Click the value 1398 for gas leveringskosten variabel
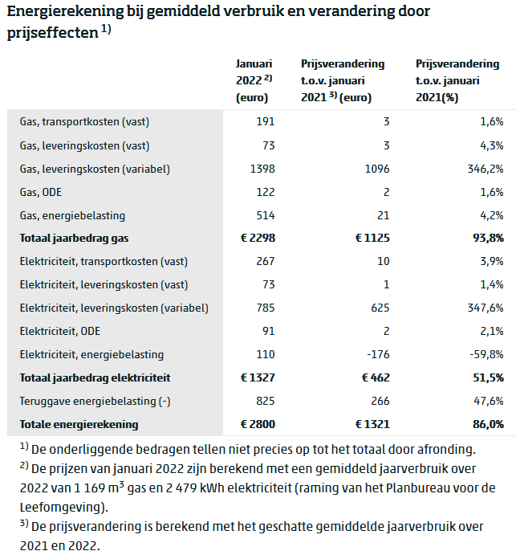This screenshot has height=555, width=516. (262, 169)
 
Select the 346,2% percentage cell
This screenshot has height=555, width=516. (486, 169)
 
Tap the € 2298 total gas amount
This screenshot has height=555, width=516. (258, 238)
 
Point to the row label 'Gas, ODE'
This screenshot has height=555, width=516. (41, 192)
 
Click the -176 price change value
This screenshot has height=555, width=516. (378, 354)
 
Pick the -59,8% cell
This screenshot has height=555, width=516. (486, 354)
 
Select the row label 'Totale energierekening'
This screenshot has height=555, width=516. (79, 424)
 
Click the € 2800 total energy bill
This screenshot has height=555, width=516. (258, 424)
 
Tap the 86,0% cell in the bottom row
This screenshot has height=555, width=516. (488, 424)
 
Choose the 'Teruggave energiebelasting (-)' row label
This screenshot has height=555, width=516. (95, 401)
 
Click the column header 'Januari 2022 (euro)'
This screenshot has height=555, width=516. (254, 80)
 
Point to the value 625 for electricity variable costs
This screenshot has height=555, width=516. (380, 308)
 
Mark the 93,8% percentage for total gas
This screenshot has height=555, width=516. (488, 238)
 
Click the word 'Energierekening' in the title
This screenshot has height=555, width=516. (65, 11)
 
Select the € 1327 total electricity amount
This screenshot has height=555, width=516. (258, 377)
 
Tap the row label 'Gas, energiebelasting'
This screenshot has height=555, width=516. (72, 215)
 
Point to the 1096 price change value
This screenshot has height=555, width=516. (377, 169)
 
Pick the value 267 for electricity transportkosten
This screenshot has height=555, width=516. (266, 261)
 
